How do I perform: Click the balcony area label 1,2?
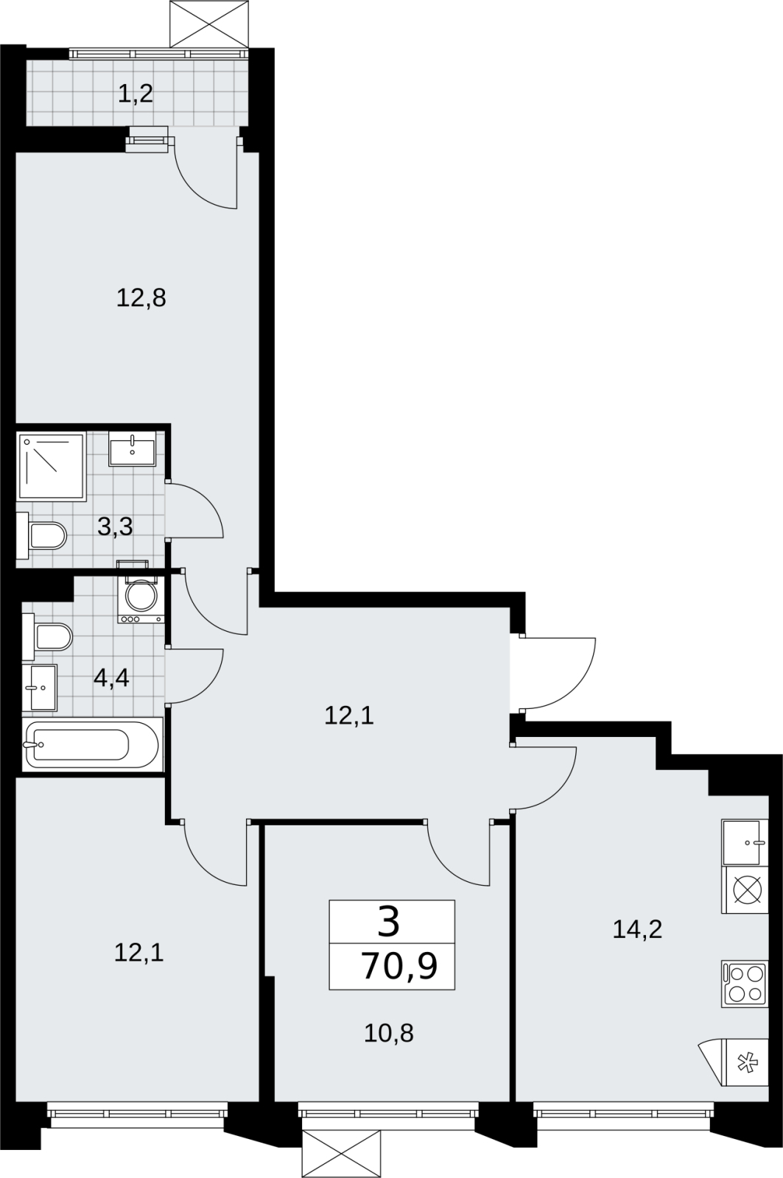pos(136,94)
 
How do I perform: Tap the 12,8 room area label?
pos(141,298)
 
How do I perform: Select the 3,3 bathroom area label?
pos(115,526)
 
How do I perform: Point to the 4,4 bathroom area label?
pos(111,678)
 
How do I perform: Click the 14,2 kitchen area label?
pos(637,930)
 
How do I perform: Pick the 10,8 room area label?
pos(389,1059)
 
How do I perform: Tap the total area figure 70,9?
pos(399,965)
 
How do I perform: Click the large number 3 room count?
pos(389,924)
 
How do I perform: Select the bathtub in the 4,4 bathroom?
pos(93,744)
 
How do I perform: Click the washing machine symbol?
pos(141,599)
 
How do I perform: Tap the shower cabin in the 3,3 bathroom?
pos(52,466)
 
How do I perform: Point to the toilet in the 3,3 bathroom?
pos(41,535)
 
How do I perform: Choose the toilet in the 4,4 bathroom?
pos(47,637)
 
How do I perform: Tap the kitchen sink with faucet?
pos(745,843)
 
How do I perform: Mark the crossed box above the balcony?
pos(209,24)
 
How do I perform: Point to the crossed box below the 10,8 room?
pos(341,1154)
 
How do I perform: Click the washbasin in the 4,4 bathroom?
pos(40,688)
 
